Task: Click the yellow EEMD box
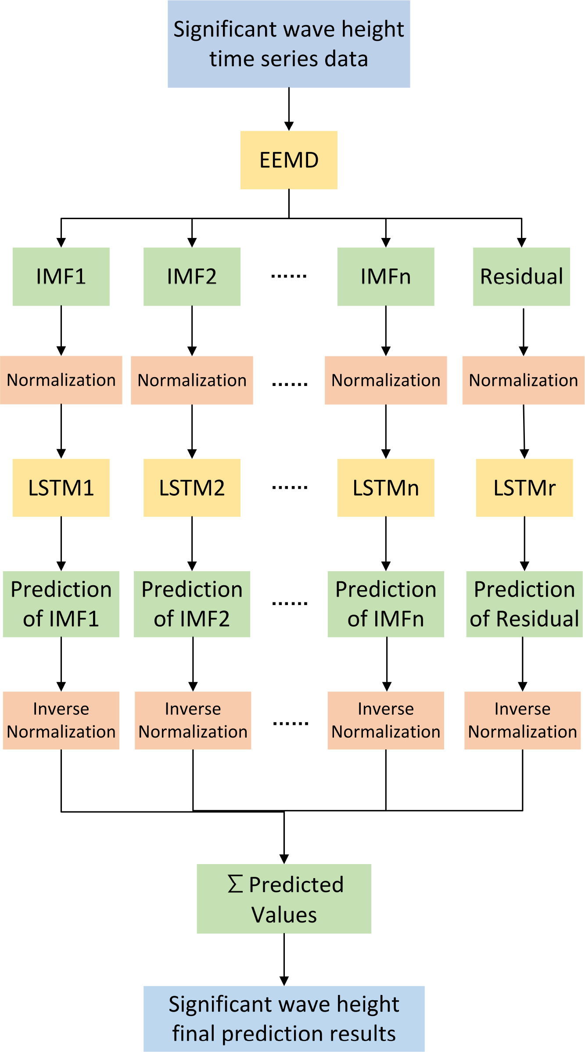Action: pos(289,160)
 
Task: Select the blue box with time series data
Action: pos(289,44)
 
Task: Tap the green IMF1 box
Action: pos(61,277)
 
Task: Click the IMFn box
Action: pos(386,277)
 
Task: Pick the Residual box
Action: pos(521,277)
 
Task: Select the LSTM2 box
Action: pos(192,488)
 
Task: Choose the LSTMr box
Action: pos(524,488)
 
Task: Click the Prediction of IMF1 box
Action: pos(61,604)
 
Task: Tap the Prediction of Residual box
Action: pos(524,604)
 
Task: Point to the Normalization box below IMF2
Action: pos(192,380)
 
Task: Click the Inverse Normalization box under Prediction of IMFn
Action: pos(386,720)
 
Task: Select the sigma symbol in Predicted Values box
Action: pos(235,884)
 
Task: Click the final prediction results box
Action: pos(284,1019)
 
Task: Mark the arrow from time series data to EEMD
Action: pos(289,110)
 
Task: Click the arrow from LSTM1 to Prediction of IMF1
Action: pos(61,544)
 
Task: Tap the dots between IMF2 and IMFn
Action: pos(289,277)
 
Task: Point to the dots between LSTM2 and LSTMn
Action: pos(290,488)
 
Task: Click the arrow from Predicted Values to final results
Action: pos(284,959)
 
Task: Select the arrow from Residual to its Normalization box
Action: pos(523,331)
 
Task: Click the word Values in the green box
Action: pos(284,915)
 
